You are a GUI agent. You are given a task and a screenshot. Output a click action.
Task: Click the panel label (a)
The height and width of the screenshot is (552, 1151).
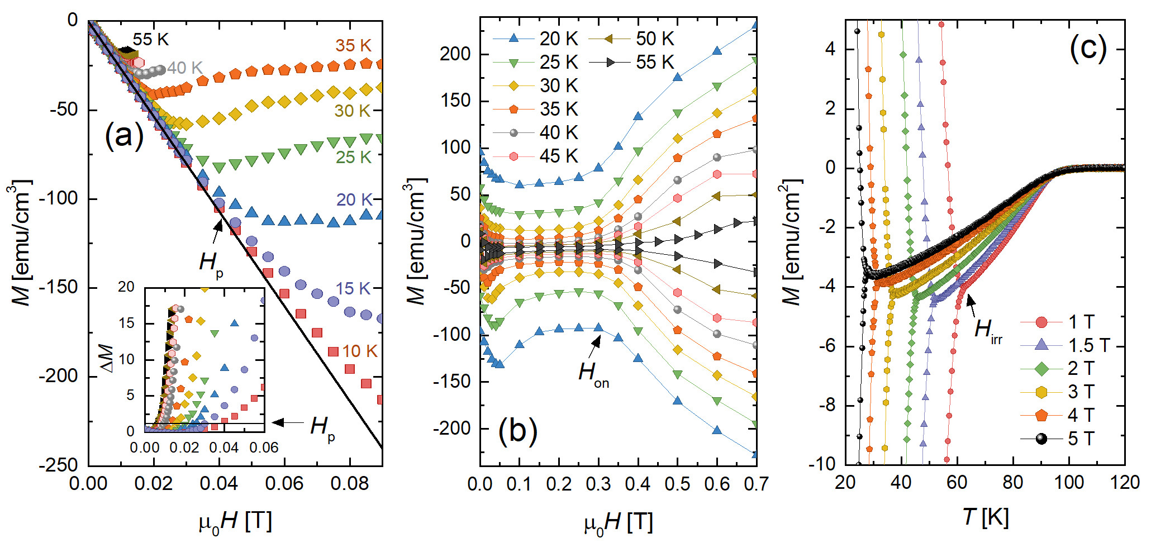pos(124,136)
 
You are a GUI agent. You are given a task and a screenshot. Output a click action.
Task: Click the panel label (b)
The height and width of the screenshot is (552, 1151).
pos(518,431)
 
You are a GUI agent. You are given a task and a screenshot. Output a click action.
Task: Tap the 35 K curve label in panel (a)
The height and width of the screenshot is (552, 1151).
pos(353,46)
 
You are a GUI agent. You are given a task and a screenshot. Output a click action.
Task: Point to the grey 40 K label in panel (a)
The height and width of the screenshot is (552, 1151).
pos(184,68)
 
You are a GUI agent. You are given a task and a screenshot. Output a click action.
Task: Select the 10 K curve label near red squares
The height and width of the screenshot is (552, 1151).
pos(359,351)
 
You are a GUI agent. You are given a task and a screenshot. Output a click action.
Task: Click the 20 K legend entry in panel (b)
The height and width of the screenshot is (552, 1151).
pos(558,39)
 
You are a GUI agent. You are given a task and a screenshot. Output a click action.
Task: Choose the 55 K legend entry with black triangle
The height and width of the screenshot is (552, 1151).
pos(655,63)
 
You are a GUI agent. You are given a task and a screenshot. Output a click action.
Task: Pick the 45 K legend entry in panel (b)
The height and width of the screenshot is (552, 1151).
pos(558,156)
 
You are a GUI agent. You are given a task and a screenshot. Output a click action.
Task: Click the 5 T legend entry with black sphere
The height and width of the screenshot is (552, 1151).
pos(1081,439)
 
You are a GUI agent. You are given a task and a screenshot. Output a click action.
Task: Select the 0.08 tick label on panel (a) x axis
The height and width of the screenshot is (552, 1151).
pos(350,484)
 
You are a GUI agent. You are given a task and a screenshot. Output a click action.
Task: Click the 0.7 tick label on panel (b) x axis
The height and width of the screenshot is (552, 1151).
pos(756,484)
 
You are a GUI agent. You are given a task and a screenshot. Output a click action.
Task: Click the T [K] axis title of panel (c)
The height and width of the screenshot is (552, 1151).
pos(985,517)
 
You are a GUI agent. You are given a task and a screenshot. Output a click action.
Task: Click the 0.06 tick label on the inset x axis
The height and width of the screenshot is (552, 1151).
pos(264,448)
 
